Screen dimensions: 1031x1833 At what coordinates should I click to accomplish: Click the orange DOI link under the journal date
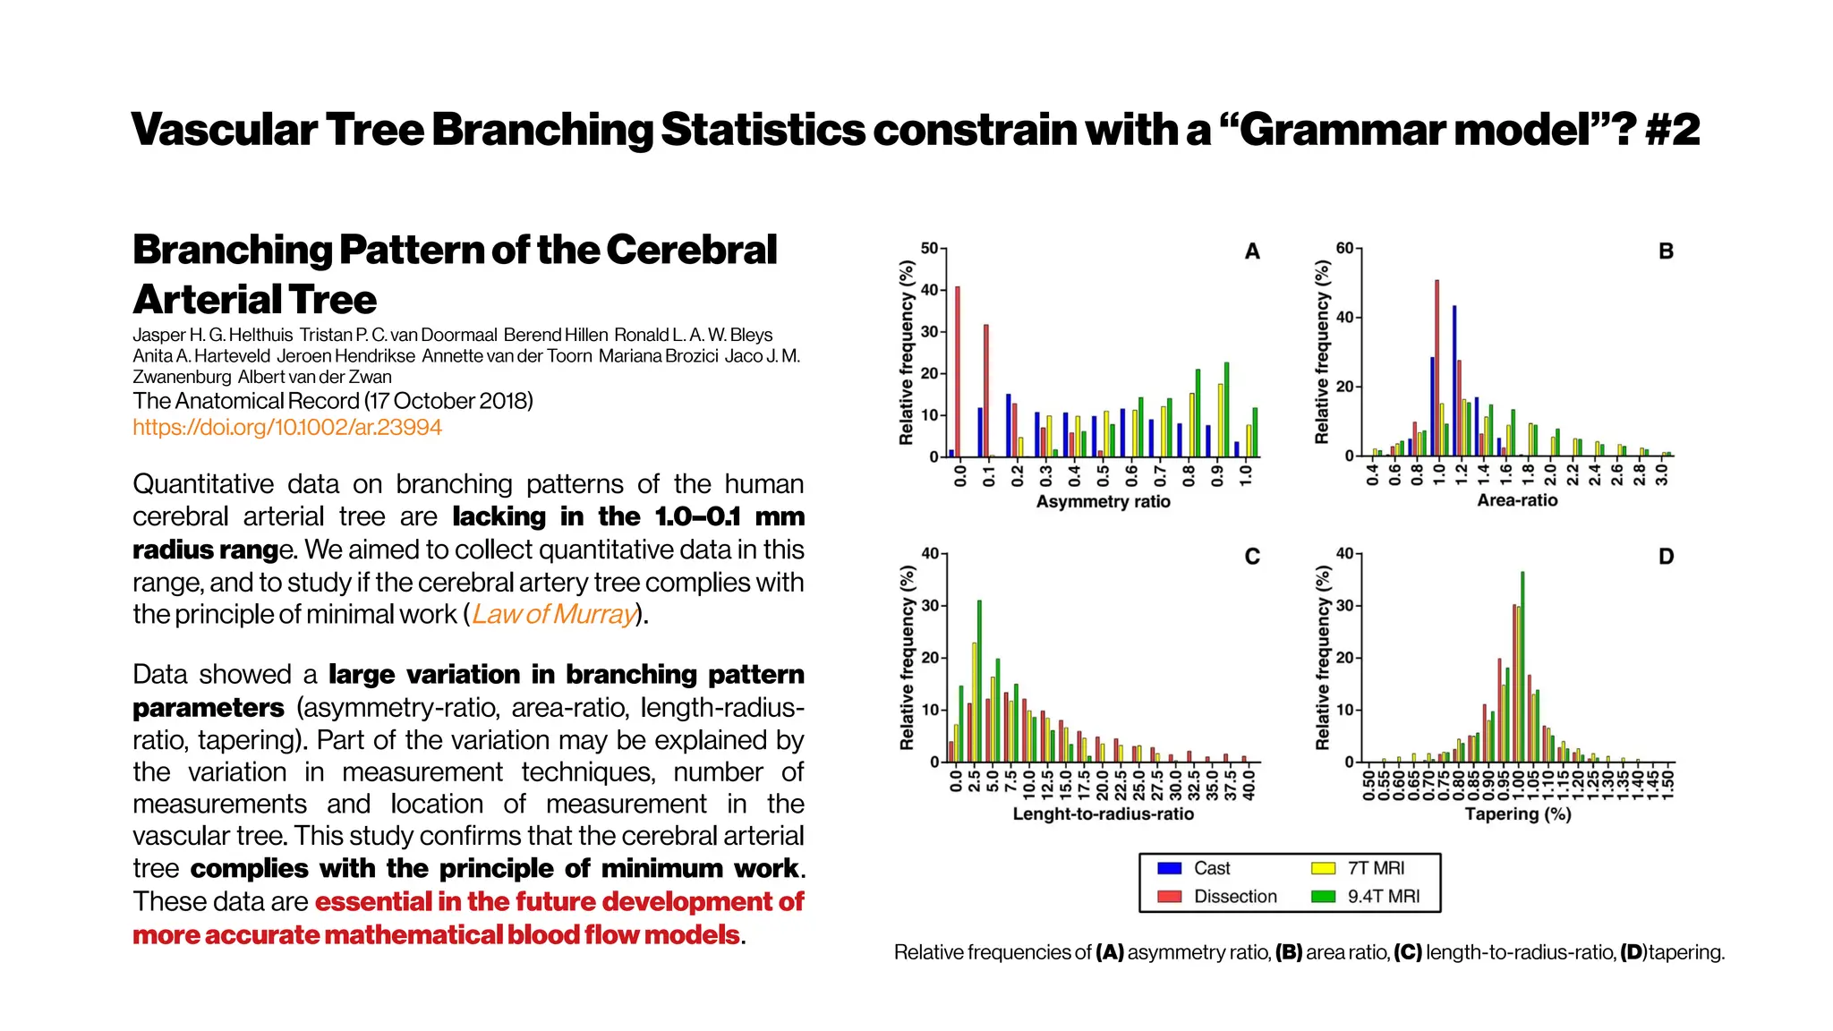[x=286, y=427]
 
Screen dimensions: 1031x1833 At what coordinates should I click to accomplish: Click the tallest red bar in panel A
[x=958, y=371]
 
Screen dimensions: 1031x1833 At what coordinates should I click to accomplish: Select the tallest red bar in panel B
[x=1437, y=368]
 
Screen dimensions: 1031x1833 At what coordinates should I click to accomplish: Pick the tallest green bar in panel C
[x=979, y=680]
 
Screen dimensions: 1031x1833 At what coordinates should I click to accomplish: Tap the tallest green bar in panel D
[x=1522, y=667]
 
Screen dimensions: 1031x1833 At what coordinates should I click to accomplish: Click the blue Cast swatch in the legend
[x=1169, y=868]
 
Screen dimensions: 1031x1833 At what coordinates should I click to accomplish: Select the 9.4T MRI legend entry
[x=1383, y=896]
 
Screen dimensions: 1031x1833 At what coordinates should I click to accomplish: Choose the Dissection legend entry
[x=1234, y=896]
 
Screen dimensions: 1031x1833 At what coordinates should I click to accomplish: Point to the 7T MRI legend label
[x=1376, y=868]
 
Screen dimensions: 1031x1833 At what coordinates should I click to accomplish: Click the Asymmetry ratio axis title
[x=1103, y=501]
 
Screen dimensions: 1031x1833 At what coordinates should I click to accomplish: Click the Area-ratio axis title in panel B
[x=1517, y=500]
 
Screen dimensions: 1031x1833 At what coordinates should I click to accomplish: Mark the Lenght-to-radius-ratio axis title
[x=1103, y=814]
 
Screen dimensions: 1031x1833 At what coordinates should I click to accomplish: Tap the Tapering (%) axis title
[x=1518, y=814]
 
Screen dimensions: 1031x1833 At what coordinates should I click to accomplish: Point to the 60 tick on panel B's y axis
[x=1345, y=248]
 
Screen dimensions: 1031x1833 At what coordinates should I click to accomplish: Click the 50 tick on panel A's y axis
[x=930, y=248]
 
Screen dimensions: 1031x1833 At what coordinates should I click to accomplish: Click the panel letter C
[x=1252, y=557]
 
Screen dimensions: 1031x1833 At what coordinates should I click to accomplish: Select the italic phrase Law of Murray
[x=554, y=614]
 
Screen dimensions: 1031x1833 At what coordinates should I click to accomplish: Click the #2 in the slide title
[x=1672, y=129]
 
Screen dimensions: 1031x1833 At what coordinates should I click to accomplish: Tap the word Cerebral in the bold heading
[x=691, y=250]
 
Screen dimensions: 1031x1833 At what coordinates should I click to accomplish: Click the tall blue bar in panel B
[x=1454, y=380]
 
